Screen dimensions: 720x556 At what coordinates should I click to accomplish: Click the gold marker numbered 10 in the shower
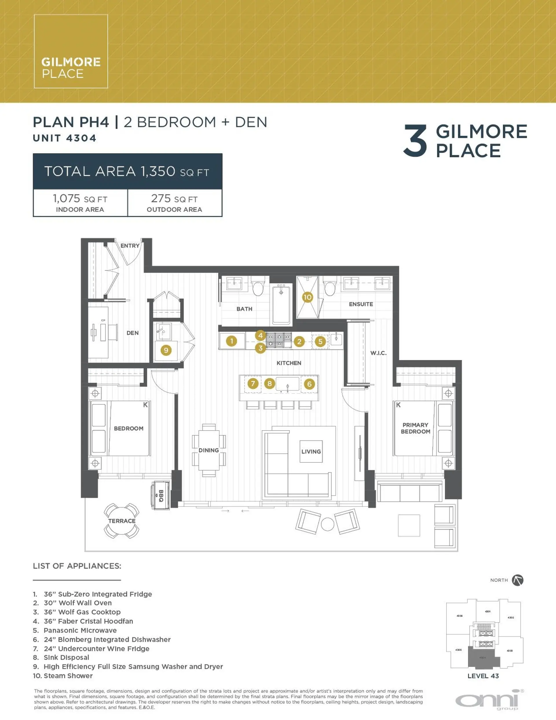[x=307, y=297]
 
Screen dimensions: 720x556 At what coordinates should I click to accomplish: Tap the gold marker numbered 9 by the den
[x=166, y=350]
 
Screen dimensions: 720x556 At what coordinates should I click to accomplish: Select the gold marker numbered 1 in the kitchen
[x=231, y=341]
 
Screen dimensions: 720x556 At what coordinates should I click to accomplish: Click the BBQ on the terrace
[x=161, y=495]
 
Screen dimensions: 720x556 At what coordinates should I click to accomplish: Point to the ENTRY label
[x=129, y=246]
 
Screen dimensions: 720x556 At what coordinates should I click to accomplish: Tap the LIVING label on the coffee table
[x=311, y=451]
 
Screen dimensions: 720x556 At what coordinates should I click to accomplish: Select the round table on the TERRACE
[x=122, y=521]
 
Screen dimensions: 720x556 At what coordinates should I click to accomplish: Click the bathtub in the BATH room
[x=281, y=305]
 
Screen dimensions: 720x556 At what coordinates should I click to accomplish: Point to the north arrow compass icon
[x=517, y=580]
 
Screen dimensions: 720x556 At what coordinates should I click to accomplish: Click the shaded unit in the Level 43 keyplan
[x=483, y=657]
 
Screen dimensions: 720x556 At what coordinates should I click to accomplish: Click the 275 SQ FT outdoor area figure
[x=174, y=199]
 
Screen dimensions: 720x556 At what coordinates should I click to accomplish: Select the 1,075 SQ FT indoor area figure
[x=80, y=199]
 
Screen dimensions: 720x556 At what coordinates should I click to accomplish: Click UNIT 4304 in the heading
[x=65, y=138]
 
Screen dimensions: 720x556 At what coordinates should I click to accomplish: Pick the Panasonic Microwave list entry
[x=80, y=630]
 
